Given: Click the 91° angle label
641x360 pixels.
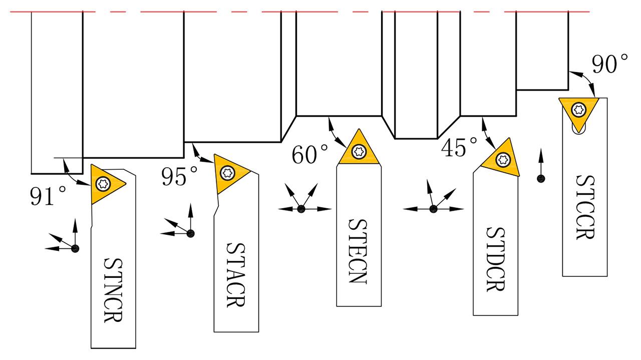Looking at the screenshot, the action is click(48, 196).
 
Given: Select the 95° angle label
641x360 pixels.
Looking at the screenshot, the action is click(179, 176).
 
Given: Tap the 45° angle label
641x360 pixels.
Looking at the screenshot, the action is click(459, 147).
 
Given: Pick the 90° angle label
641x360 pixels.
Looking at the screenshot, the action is click(610, 64).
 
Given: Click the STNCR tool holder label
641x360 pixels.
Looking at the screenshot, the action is click(113, 290).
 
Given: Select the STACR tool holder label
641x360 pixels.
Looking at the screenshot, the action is click(236, 275).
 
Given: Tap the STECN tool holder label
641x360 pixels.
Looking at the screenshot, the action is click(358, 251).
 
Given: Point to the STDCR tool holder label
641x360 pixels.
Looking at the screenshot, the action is click(496, 259).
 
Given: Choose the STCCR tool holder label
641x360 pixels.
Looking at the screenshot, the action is click(585, 207).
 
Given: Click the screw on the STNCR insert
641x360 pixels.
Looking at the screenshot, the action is click(103, 183).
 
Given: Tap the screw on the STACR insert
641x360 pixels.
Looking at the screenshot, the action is click(228, 173).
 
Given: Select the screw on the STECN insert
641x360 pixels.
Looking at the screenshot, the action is click(359, 151).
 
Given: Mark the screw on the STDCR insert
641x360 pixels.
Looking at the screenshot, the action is click(503, 160).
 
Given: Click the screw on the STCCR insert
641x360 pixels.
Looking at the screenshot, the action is click(578, 109).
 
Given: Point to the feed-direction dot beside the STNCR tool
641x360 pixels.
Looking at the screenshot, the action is click(75, 248).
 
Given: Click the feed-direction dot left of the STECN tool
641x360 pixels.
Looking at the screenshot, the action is click(301, 209).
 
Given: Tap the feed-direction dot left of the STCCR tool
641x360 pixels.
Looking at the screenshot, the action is click(541, 179).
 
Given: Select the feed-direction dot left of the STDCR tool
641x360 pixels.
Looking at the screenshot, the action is click(434, 209).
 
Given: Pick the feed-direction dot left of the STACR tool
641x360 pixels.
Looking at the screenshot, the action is click(191, 233).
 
